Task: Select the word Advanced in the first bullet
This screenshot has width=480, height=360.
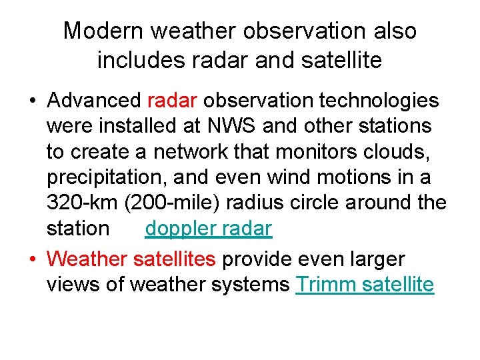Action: pos(94,101)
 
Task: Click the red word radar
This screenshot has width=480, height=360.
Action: pos(172,101)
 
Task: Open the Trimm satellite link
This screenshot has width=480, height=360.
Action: pos(364,285)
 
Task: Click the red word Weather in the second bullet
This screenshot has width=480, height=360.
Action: pos(88,259)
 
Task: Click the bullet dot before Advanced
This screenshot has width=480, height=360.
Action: pos(32,101)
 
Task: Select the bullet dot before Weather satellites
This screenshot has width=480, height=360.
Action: pos(32,259)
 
